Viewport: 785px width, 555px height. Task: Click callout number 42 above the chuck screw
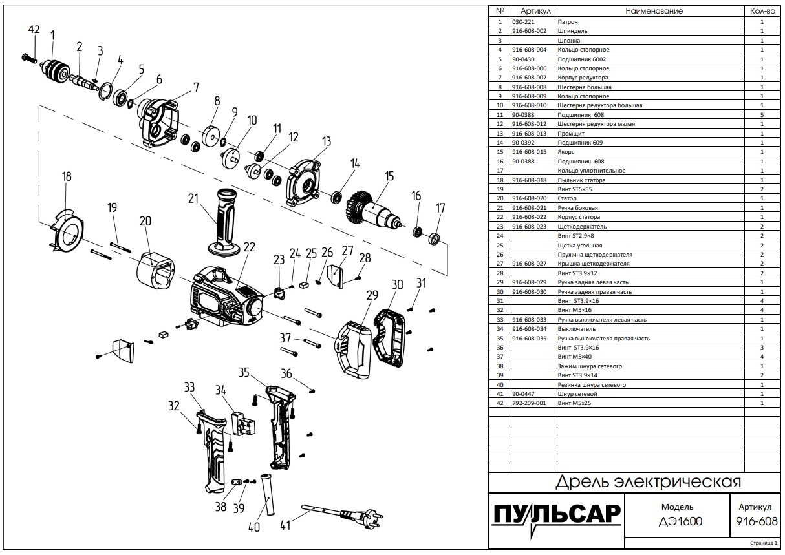pos(34,30)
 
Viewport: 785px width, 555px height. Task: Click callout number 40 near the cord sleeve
pos(253,527)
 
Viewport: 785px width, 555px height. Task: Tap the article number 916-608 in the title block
pos(755,521)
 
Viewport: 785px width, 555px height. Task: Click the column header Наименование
pos(654,11)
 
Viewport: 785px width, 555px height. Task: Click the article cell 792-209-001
pos(528,403)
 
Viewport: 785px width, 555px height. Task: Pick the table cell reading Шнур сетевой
pos(577,393)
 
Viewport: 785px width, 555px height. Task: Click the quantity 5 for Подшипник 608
pos(762,114)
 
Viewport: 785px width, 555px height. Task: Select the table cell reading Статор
pos(568,198)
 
